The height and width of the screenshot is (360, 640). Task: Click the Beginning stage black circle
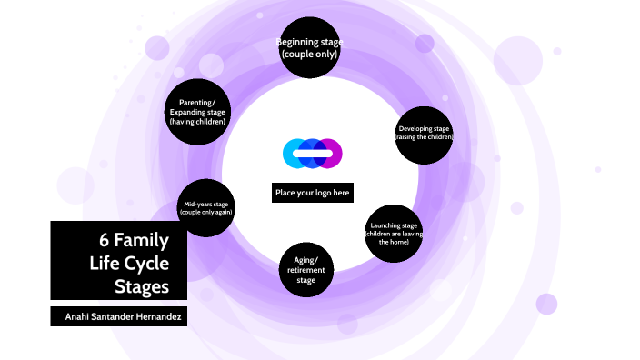pos(308,48)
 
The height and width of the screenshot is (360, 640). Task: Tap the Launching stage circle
pos(394,235)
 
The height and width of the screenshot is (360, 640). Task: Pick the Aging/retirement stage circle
pos(306,270)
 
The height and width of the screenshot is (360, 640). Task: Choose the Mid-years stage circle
pos(206,208)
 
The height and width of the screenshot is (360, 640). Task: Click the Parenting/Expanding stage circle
pos(197,111)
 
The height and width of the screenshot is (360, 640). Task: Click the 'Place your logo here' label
pos(312,193)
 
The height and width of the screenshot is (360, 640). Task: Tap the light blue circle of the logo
pos(295,153)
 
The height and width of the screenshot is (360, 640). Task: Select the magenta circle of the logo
pos(330,153)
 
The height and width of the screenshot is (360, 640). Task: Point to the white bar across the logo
pos(312,154)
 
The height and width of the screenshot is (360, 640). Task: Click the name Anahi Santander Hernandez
pos(118,315)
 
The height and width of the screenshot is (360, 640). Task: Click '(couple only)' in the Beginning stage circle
pos(308,55)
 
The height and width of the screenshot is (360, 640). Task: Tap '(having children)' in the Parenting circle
pos(197,121)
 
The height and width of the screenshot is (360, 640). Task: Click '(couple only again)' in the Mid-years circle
pos(206,213)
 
